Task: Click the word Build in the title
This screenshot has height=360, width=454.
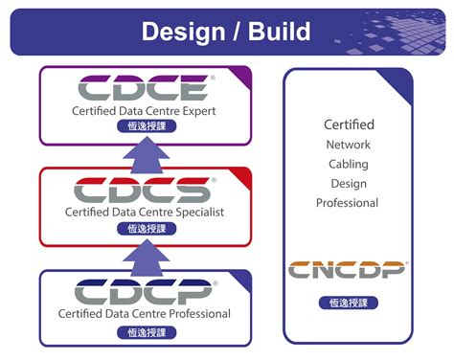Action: coord(279,31)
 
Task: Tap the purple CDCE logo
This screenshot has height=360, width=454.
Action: coord(144,90)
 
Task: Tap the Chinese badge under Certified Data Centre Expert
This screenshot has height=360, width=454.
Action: coord(144,127)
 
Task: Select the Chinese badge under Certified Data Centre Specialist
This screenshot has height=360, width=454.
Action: coord(144,229)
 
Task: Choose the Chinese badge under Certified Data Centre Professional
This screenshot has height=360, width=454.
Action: coord(144,331)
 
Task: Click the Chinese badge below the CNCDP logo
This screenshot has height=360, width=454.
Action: coord(349,303)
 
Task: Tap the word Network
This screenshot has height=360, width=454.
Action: coord(348,145)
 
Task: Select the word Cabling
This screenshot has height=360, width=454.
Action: coord(348,164)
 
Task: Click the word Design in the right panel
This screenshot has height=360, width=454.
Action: coord(348,183)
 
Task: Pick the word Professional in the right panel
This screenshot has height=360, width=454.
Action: coord(348,202)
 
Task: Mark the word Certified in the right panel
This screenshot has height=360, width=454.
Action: coord(349,124)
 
